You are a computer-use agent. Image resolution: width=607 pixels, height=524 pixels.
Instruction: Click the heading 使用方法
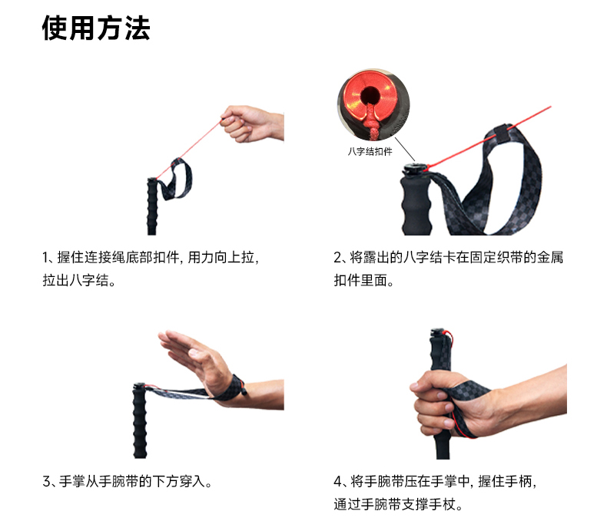(x=96, y=28)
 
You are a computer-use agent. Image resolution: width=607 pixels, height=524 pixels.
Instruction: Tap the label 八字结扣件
(x=370, y=151)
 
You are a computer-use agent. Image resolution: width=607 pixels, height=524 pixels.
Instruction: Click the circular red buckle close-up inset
(x=373, y=104)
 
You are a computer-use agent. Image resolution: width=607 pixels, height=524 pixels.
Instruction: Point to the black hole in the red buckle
(x=370, y=94)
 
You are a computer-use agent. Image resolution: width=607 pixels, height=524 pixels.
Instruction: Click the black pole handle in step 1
(x=152, y=206)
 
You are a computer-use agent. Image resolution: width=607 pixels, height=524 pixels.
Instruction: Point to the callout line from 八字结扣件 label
(x=404, y=149)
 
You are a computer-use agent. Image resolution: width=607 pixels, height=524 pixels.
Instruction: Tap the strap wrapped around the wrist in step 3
(x=232, y=387)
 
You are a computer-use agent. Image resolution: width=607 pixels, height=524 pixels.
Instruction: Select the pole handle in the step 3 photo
(x=140, y=421)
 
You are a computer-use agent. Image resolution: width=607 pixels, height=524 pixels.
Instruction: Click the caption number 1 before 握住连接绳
(x=45, y=257)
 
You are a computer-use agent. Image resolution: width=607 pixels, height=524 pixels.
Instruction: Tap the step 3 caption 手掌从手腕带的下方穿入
(x=131, y=482)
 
